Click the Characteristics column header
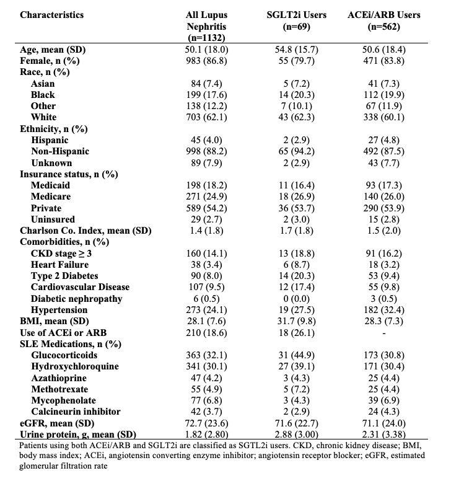click(52, 14)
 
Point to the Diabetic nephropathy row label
click(77, 298)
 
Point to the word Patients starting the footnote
click(37, 445)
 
